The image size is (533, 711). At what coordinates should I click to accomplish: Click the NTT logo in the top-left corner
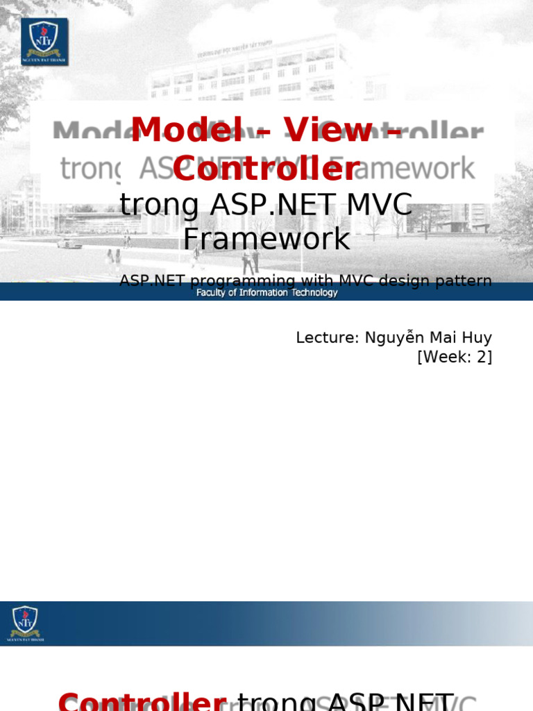click(x=44, y=42)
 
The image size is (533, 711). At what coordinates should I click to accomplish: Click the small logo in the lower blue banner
click(x=25, y=623)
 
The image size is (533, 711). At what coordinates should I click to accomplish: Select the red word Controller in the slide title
click(x=266, y=169)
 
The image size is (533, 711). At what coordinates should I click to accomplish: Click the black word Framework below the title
click(x=266, y=239)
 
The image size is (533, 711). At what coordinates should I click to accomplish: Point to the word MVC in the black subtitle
click(x=379, y=205)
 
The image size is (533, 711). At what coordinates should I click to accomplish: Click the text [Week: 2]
click(x=455, y=357)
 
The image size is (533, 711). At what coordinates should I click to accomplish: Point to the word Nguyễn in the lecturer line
click(x=394, y=338)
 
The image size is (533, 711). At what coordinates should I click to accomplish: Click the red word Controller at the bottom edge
click(x=142, y=701)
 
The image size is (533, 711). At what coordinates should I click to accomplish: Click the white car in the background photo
click(x=69, y=242)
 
